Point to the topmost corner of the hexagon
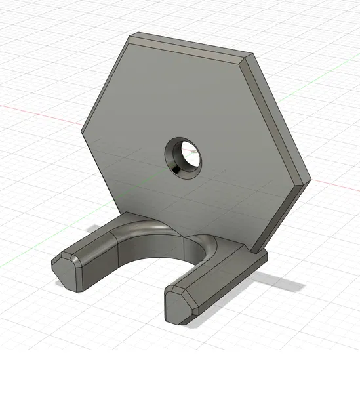(x=133, y=35)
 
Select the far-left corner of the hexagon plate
(x=82, y=135)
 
